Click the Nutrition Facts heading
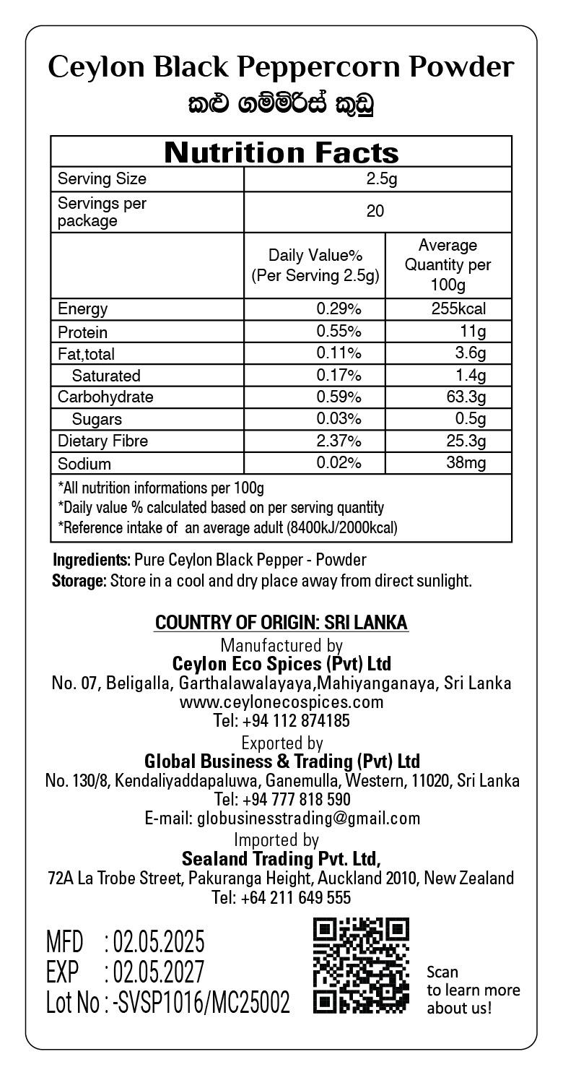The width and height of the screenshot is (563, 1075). [281, 152]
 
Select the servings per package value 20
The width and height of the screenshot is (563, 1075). [375, 212]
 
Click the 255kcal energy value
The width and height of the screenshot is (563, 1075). [458, 309]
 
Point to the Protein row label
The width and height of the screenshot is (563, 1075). [82, 332]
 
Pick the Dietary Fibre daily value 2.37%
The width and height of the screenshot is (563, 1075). [339, 441]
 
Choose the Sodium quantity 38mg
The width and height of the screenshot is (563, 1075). [466, 463]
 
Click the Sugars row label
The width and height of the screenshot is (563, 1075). [97, 420]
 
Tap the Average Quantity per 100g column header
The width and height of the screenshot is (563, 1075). [448, 265]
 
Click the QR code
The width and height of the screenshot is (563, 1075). [361, 965]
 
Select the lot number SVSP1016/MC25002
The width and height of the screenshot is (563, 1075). [203, 1003]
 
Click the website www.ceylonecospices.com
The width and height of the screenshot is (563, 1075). [281, 702]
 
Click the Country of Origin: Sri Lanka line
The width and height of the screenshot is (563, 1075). [281, 623]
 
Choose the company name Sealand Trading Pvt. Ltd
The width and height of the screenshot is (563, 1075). [281, 859]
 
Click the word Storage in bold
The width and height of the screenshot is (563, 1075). [79, 582]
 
